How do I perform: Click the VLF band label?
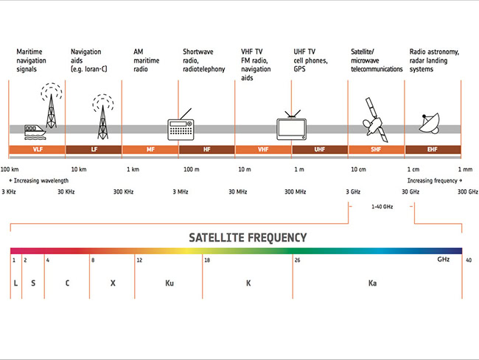38,149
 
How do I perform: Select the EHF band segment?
433,149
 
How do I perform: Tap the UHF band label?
320,149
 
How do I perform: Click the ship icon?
35,132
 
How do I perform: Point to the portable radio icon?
181,126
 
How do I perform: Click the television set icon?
291,127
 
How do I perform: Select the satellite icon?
375,120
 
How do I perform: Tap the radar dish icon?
430,124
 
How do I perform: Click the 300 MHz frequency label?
296,192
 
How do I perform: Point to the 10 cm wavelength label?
358,169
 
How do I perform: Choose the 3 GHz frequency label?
353,192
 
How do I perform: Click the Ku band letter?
169,283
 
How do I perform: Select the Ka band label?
372,283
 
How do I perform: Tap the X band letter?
113,283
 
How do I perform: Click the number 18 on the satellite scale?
207,260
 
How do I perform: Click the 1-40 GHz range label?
382,207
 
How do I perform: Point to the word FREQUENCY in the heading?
277,238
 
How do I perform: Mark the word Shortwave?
198,52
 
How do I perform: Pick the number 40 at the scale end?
469,260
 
